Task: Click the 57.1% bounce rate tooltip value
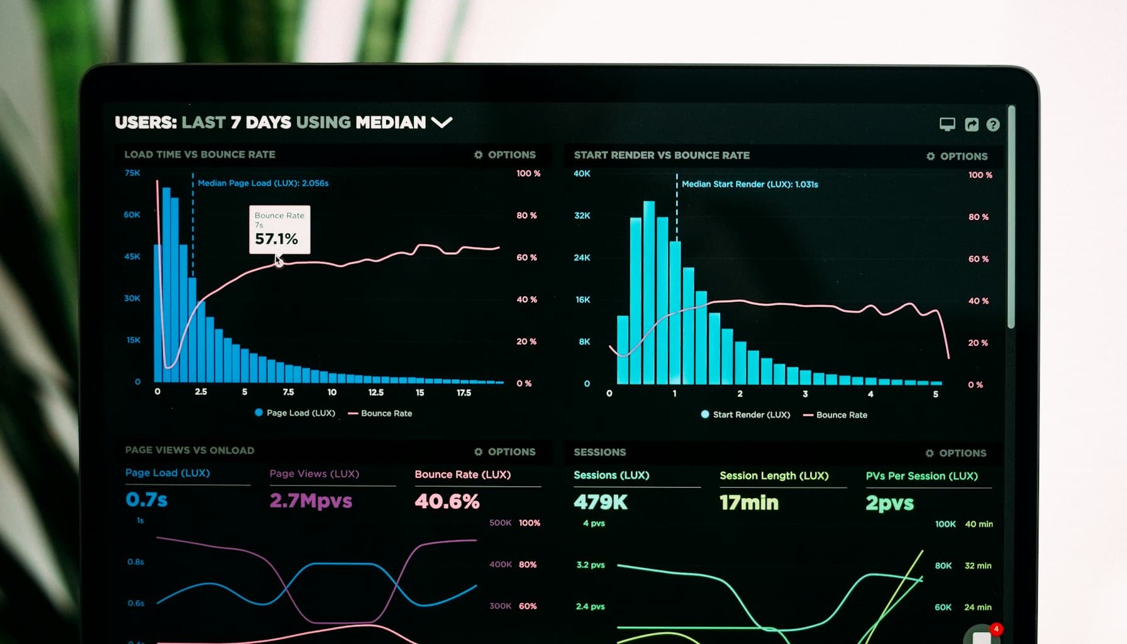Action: pyautogui.click(x=276, y=239)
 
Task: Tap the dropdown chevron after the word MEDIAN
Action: pyautogui.click(x=442, y=122)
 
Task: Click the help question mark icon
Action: pyautogui.click(x=993, y=125)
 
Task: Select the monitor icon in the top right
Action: pyautogui.click(x=947, y=124)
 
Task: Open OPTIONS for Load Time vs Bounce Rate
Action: pyautogui.click(x=506, y=155)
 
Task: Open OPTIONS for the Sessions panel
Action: pyautogui.click(x=956, y=453)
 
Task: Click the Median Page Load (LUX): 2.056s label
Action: pyautogui.click(x=263, y=183)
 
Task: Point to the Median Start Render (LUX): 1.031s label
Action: pyautogui.click(x=750, y=184)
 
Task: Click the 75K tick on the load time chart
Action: pyautogui.click(x=133, y=173)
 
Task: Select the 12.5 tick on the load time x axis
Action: pyautogui.click(x=376, y=392)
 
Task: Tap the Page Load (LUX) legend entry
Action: pyautogui.click(x=295, y=413)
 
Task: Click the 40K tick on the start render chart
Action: pyautogui.click(x=582, y=174)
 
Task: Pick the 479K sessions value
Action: pyautogui.click(x=601, y=502)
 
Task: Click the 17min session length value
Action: pyautogui.click(x=749, y=502)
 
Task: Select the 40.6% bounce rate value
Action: pyautogui.click(x=447, y=501)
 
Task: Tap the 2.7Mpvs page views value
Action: pyautogui.click(x=311, y=501)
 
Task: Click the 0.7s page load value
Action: pyautogui.click(x=147, y=500)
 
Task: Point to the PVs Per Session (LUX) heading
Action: pyautogui.click(x=921, y=476)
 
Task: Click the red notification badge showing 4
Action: pyautogui.click(x=996, y=629)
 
